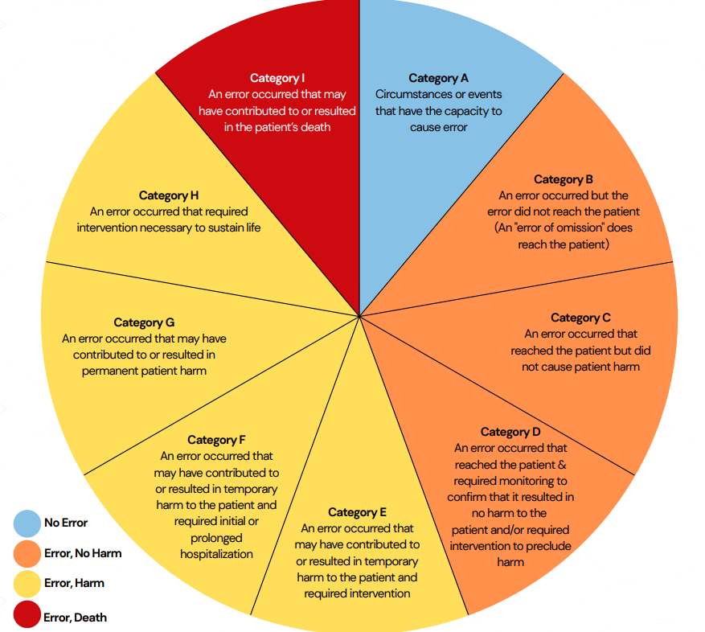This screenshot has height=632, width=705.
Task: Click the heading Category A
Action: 438,78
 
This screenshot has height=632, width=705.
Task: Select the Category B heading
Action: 563,179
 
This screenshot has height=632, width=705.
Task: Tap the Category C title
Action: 580,318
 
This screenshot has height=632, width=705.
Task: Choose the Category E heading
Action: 357,512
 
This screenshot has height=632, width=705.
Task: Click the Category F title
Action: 216,440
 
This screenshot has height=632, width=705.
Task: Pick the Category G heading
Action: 144,322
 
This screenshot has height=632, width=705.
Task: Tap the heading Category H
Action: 169,195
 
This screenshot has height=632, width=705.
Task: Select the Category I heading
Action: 277,78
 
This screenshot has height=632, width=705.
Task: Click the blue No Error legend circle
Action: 27,523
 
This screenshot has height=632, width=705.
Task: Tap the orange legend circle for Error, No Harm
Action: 27,553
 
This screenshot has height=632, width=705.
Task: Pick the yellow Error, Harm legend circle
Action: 27,584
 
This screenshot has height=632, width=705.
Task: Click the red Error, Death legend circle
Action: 27,617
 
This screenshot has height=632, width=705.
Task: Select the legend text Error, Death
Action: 75,618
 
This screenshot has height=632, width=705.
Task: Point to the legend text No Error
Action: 66,523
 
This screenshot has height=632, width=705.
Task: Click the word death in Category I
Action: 314,127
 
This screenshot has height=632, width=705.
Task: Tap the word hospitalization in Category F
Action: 216,554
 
